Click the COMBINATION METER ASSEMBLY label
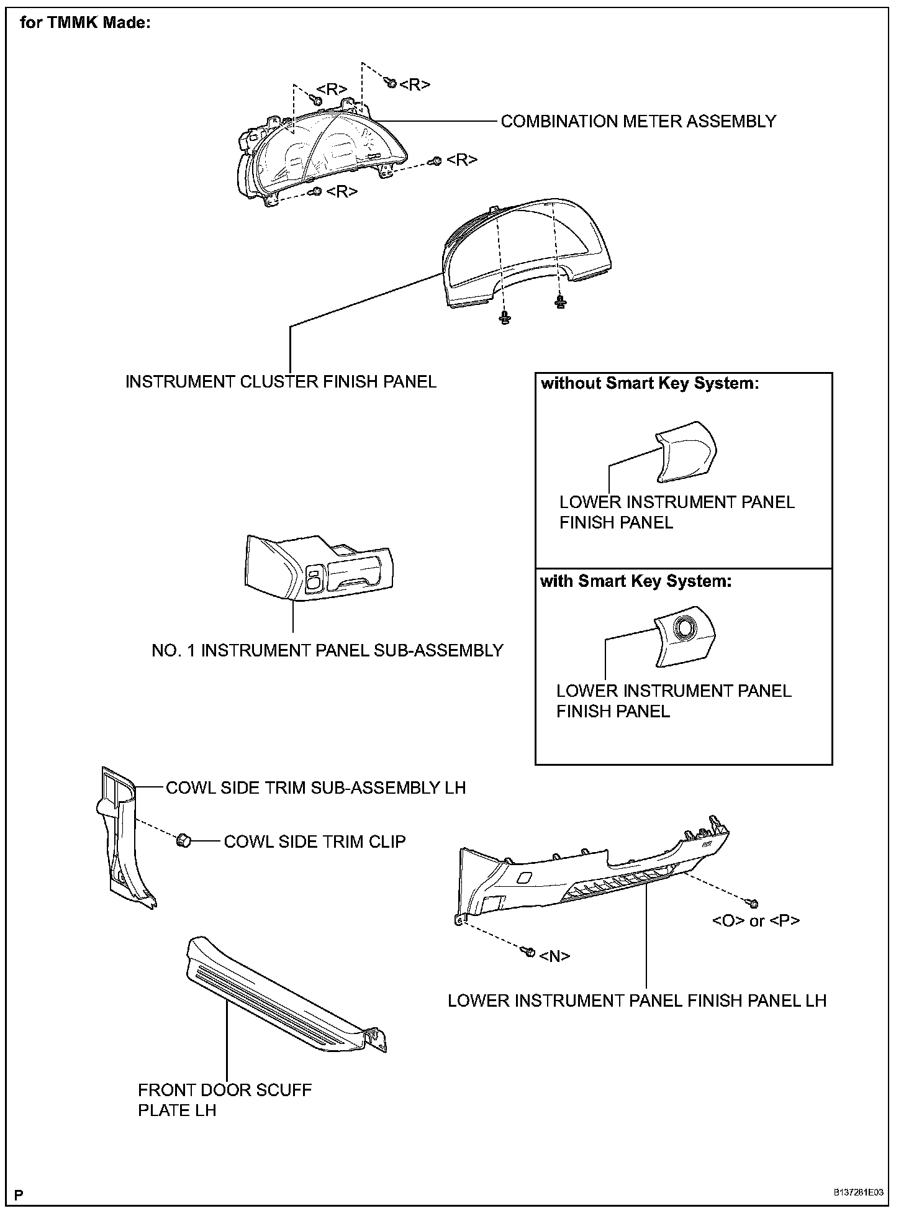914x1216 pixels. point(638,121)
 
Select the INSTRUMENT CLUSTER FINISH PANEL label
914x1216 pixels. point(281,381)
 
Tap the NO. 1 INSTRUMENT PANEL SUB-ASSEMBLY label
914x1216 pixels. point(327,650)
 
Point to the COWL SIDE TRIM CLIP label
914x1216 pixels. point(314,842)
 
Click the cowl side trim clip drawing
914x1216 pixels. point(183,841)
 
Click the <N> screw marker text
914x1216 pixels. point(554,956)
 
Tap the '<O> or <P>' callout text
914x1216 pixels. point(756,920)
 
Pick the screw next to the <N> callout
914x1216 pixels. point(530,951)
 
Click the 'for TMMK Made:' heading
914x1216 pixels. point(86,24)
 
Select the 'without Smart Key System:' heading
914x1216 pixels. point(649,383)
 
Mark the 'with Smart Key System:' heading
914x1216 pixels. point(636,581)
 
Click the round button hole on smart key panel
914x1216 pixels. point(687,628)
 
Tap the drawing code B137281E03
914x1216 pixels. point(858,1193)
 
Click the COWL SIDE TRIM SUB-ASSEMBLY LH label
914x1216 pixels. point(315,787)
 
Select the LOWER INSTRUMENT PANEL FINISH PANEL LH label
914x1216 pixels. point(637,1000)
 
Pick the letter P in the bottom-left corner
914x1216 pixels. point(19,1194)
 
